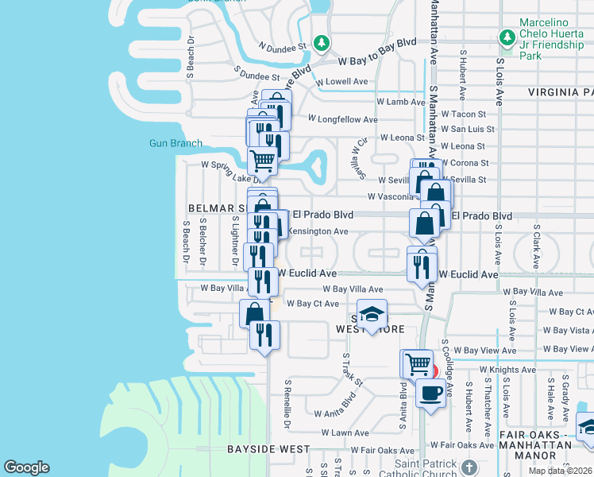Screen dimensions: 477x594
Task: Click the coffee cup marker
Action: tap(430, 393)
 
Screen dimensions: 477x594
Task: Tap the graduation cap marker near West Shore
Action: tap(371, 315)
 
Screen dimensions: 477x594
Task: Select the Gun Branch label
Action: tap(175, 144)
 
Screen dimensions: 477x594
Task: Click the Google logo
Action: tap(26, 467)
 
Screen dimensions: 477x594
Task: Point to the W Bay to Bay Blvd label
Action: tap(376, 60)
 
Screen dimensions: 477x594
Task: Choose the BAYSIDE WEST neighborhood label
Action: tap(268, 449)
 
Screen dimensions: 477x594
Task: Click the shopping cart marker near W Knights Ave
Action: tap(417, 364)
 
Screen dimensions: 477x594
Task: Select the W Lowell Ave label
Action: tap(341, 82)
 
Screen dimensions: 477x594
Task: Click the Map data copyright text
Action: tap(561, 471)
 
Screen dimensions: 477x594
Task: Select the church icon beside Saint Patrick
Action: tap(469, 466)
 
